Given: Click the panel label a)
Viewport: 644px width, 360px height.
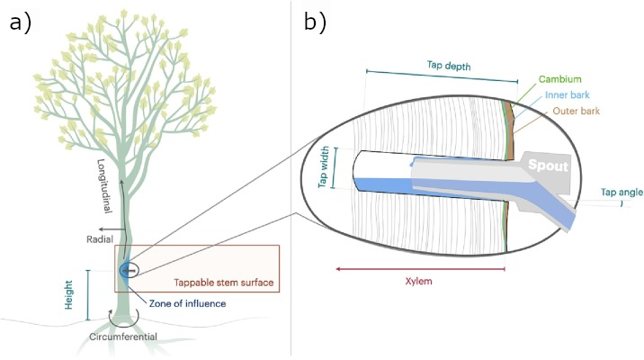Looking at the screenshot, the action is (20, 22).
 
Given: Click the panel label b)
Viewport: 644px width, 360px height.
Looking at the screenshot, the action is (315, 22).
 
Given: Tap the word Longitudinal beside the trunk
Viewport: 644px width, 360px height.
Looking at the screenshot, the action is (104, 185).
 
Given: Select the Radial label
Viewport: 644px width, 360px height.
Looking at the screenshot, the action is (100, 239).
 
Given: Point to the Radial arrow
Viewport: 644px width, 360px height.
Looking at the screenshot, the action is (112, 229).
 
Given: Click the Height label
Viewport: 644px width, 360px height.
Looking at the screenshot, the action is (68, 294).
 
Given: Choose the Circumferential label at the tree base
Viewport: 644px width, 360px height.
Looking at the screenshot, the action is (123, 337).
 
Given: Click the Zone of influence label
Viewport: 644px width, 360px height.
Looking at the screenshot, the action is (187, 303).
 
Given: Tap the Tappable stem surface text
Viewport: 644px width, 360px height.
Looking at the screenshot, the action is (223, 283).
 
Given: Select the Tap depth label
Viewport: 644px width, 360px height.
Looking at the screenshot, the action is (449, 66).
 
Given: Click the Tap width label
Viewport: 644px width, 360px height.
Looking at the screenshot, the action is (324, 166).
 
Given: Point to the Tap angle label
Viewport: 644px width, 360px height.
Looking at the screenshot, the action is (622, 192).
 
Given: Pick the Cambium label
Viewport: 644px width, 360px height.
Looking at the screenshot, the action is (559, 79).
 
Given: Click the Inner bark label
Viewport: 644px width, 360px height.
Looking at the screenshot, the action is (568, 94).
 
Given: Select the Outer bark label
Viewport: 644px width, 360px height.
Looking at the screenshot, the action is (576, 111).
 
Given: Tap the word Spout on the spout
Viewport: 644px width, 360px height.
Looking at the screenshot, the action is (549, 166).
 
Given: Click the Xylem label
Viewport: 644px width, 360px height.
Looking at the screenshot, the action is (419, 282).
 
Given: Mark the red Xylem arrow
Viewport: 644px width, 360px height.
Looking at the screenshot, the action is (420, 269).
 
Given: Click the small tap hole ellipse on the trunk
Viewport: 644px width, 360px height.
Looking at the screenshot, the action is (129, 270).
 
